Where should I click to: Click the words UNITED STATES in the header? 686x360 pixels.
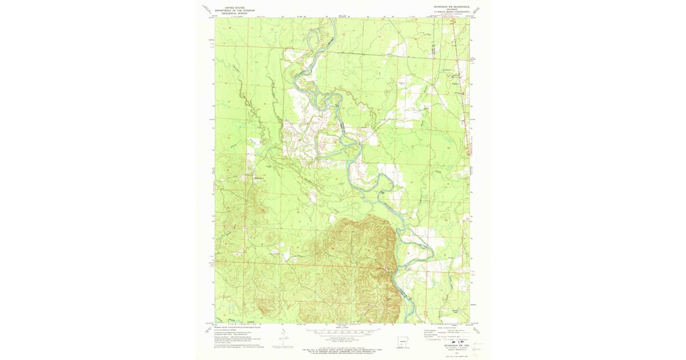[234, 7]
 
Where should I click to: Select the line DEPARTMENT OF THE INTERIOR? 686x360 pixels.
[234, 10]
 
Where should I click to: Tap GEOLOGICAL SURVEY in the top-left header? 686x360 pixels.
[234, 13]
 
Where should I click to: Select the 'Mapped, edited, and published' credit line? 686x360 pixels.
[234, 327]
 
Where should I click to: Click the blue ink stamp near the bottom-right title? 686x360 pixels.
[445, 341]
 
